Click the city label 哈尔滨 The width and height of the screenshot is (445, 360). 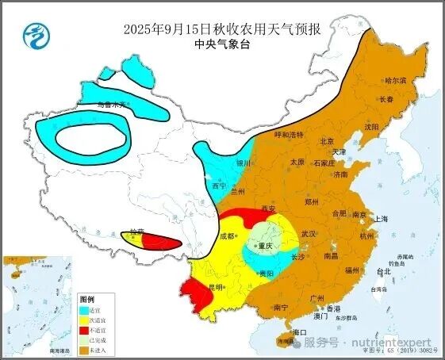tap(394, 80)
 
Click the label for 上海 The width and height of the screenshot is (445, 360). tap(382, 218)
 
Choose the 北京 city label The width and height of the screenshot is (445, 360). tap(325, 140)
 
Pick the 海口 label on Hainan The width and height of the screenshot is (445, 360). tap(299, 331)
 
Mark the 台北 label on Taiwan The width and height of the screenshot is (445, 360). tap(383, 271)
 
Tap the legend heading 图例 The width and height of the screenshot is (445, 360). tap(87, 297)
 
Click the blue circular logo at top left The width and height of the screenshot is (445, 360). tap(34, 34)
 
